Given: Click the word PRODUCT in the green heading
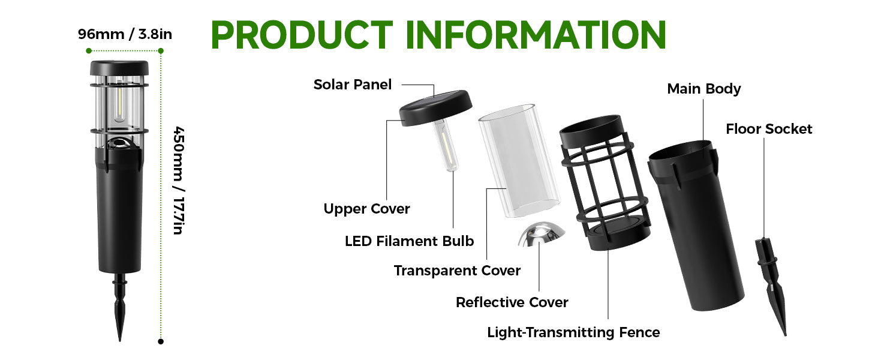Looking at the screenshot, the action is pyautogui.click(x=302, y=35).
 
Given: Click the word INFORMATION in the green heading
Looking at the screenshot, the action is pyautogui.click(x=536, y=35).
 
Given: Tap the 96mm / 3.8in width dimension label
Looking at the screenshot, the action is pyautogui.click(x=125, y=34).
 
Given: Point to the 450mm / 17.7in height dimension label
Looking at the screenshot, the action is pyautogui.click(x=178, y=181).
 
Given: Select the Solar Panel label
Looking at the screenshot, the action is pyautogui.click(x=353, y=85).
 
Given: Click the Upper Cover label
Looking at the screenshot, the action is pyautogui.click(x=366, y=209).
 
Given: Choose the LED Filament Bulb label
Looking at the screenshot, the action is pyautogui.click(x=409, y=241).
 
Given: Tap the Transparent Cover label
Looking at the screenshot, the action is pyautogui.click(x=457, y=271).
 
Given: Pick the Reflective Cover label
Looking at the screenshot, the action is pyautogui.click(x=512, y=302).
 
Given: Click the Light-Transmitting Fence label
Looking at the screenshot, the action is pyautogui.click(x=573, y=332).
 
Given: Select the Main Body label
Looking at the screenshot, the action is pyautogui.click(x=704, y=89).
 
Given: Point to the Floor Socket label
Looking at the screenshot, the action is pyautogui.click(x=769, y=129).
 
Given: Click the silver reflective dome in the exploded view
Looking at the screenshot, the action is pyautogui.click(x=542, y=234).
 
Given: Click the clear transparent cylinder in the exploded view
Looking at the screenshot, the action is pyautogui.click(x=519, y=161).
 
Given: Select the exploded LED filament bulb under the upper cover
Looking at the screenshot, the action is pyautogui.click(x=446, y=145).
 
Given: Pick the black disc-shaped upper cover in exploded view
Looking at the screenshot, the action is pyautogui.click(x=436, y=108).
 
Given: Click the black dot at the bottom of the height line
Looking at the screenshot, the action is pyautogui.click(x=161, y=341).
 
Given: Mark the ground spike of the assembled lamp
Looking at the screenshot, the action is pyautogui.click(x=119, y=307).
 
